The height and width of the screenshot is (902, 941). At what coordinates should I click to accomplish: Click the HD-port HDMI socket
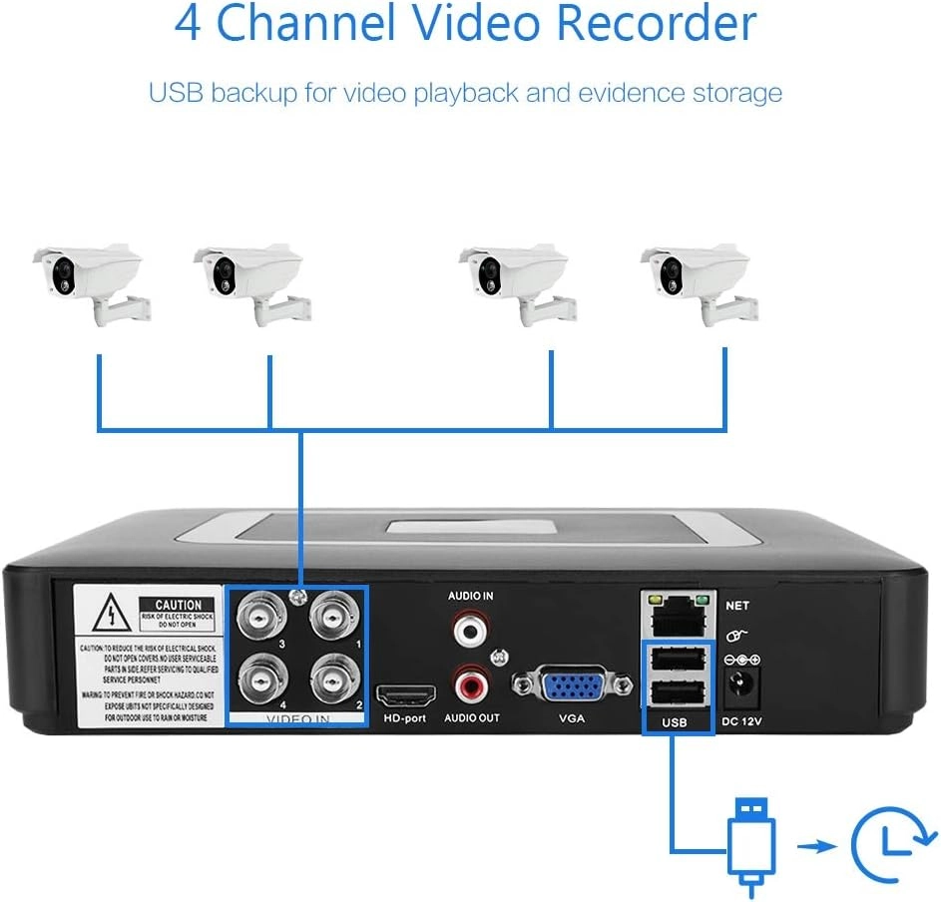pos(405,695)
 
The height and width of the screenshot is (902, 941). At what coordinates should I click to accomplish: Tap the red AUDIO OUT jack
pos(469,684)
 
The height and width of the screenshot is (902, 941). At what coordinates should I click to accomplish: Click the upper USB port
pos(677,661)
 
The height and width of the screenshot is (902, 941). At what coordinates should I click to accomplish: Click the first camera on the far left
pos(90,281)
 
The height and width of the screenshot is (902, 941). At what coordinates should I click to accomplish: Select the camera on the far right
pos(698,281)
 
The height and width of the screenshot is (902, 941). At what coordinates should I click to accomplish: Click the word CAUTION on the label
pos(178,605)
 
